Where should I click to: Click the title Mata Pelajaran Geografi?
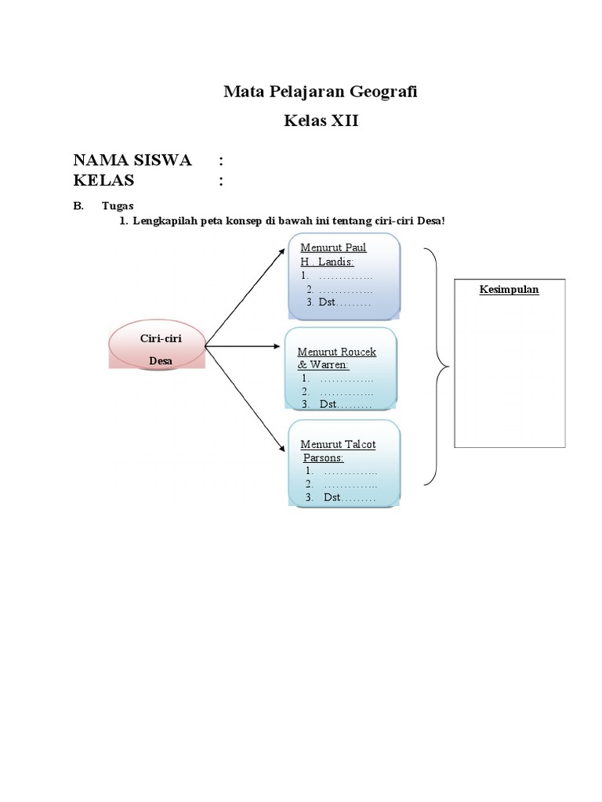click(321, 92)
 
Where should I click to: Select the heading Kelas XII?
click(321, 121)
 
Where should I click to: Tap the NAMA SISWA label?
click(132, 161)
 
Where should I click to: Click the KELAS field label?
click(103, 181)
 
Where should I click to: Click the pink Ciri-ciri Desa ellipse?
click(155, 346)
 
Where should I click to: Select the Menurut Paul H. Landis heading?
click(333, 255)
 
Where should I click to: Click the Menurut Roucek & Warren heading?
click(336, 358)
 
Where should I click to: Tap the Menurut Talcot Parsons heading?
click(338, 450)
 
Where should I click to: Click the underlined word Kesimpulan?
click(510, 289)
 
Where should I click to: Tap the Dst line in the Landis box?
click(339, 302)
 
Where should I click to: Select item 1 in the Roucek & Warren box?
click(337, 379)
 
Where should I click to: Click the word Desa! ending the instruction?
click(430, 222)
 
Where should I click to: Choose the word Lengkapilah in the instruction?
click(165, 222)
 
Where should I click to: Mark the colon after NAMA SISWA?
click(221, 161)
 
